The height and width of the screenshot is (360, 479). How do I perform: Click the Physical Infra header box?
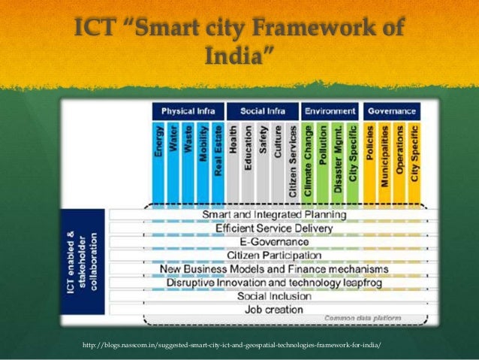(188, 112)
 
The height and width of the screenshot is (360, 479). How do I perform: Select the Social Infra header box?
(261, 112)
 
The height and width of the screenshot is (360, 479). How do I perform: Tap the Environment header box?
(330, 112)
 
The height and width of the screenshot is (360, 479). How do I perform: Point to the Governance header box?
(392, 112)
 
